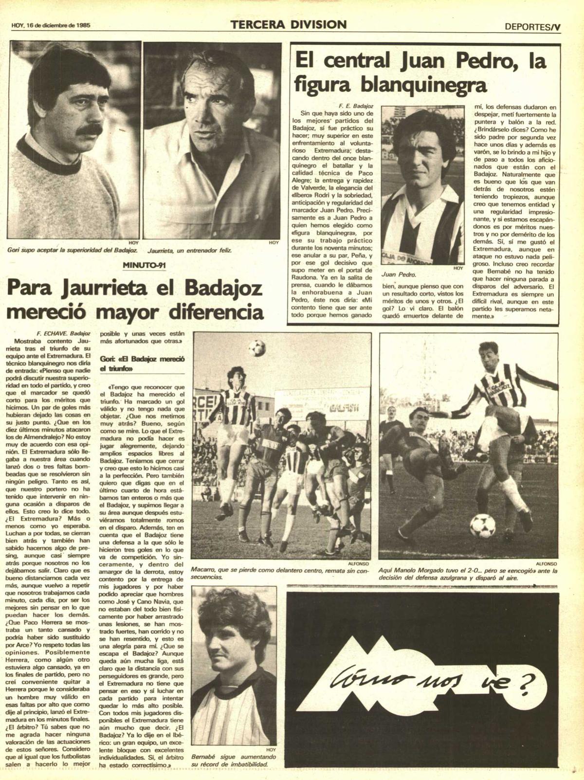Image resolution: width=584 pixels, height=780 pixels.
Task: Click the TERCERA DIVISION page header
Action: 289,25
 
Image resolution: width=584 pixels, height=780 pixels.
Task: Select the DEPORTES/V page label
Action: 532,27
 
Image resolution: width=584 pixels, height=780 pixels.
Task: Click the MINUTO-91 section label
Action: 142,266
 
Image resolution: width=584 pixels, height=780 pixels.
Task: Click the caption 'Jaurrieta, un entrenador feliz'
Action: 189,251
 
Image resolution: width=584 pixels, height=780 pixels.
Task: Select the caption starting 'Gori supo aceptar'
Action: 73,251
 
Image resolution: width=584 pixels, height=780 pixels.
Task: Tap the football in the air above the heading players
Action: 256,347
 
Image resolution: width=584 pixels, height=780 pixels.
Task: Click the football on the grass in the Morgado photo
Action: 482,525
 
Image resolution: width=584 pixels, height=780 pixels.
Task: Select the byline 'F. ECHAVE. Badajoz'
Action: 63,334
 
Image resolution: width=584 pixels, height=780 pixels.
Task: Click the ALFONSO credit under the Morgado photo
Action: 546,563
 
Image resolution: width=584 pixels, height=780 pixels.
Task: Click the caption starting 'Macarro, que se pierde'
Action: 280,573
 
